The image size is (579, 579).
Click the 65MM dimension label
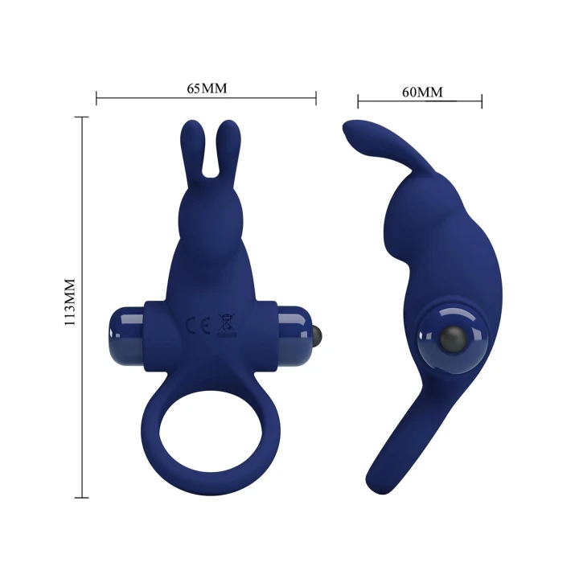(207, 88)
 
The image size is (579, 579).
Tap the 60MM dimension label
(422, 92)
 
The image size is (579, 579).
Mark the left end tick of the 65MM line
(96, 99)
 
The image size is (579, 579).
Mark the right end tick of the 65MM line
(316, 99)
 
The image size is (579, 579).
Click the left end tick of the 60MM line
(358, 101)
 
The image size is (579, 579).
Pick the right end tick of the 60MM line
(482, 101)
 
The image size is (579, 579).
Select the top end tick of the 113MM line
(81, 117)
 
